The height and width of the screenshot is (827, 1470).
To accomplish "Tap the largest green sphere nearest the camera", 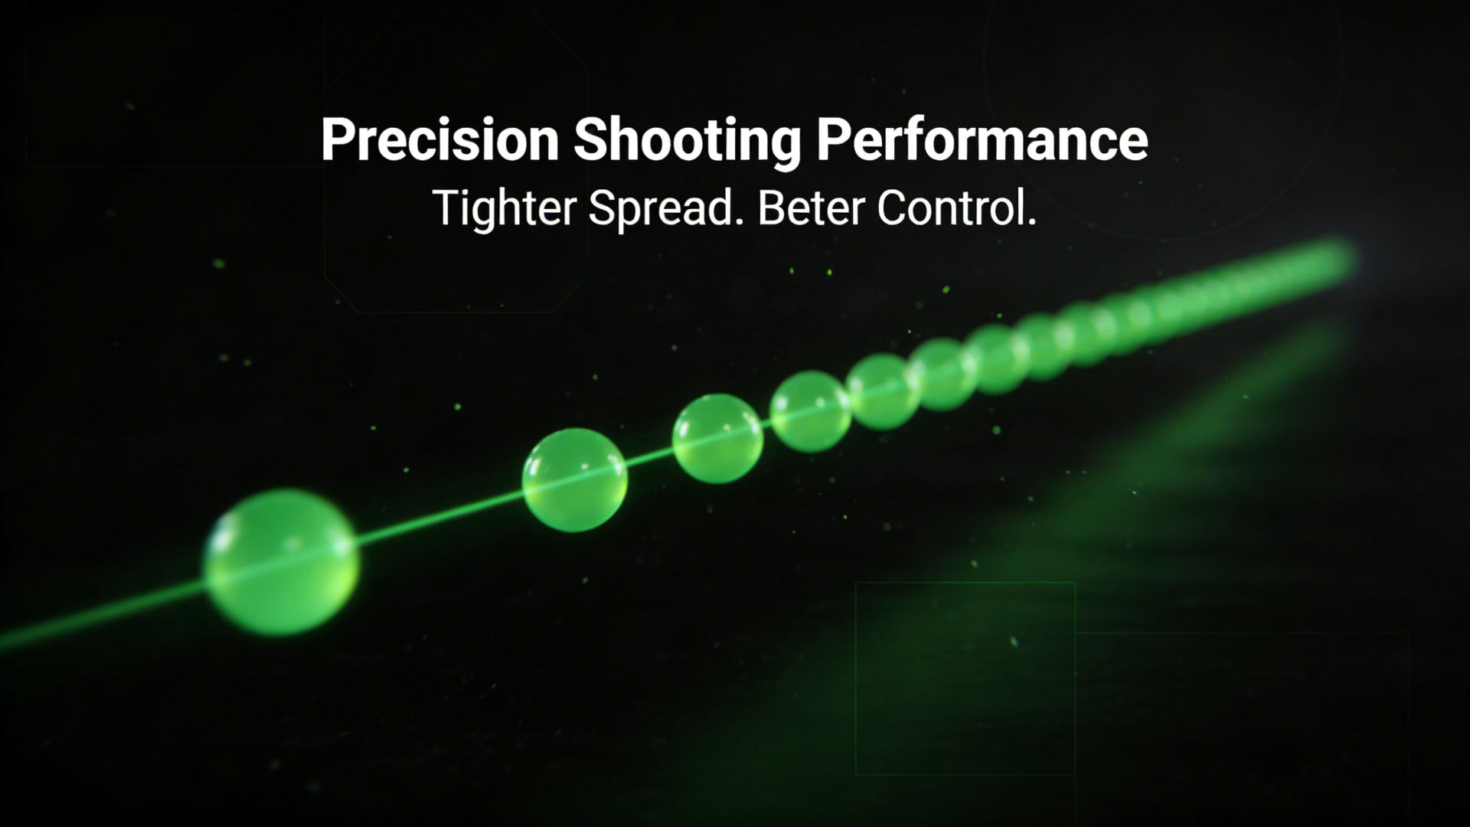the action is pyautogui.click(x=281, y=563).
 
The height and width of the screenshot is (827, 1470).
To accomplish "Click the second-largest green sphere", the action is pyautogui.click(x=575, y=480).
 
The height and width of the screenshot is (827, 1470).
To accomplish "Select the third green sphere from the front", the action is pyautogui.click(x=717, y=439).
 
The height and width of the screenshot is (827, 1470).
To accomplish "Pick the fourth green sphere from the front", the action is pyautogui.click(x=810, y=411).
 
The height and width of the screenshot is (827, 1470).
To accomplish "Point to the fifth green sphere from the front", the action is pyautogui.click(x=885, y=391).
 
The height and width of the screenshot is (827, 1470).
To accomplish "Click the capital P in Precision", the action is pyautogui.click(x=338, y=139).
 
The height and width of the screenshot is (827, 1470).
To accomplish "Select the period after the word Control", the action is pyautogui.click(x=1031, y=223).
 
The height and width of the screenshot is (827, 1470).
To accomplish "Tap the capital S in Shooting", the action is pyautogui.click(x=590, y=139).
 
